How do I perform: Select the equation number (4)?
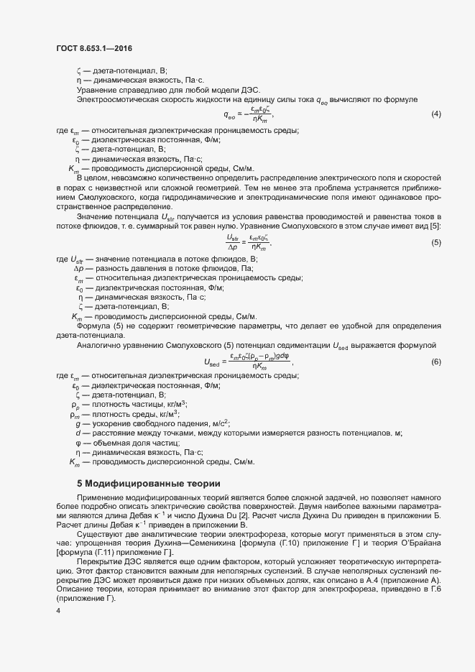(x=435, y=115)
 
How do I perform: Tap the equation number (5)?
(x=435, y=242)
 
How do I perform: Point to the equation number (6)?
(x=435, y=361)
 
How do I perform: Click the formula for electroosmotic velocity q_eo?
(x=249, y=114)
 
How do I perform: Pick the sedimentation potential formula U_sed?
(x=249, y=361)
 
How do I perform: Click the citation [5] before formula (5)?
(x=435, y=226)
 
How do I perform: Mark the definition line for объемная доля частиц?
(x=126, y=443)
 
